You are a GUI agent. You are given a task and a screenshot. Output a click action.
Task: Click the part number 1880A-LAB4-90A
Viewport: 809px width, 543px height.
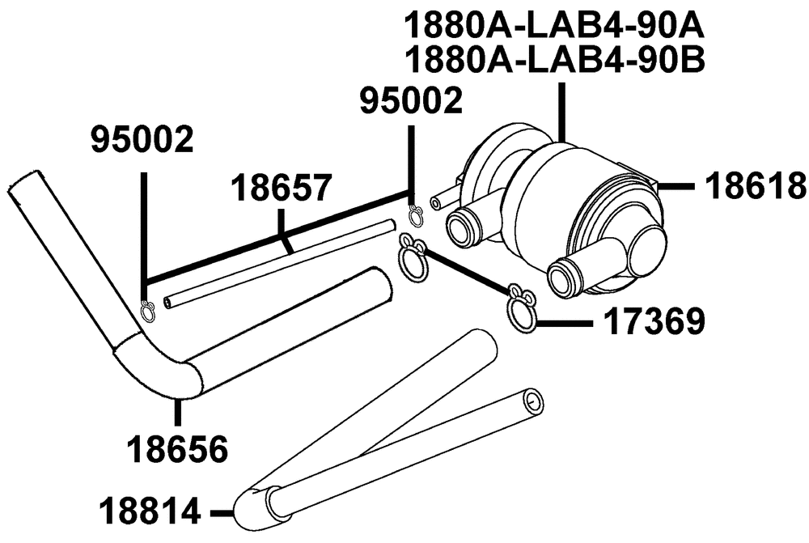coord(554,27)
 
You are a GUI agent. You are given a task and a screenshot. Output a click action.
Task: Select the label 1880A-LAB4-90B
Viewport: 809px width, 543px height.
coord(554,60)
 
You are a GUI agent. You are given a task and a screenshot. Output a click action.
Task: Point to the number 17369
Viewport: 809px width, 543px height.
coord(654,322)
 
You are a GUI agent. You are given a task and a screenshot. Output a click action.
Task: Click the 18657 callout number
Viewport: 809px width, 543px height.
coord(279,188)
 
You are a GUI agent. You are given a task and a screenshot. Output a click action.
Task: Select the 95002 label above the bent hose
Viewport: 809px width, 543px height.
coord(142,139)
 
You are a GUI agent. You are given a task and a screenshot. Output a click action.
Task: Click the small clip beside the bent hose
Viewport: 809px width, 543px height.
coord(147,311)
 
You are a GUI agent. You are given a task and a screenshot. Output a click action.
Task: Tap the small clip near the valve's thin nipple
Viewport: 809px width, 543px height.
coord(416,214)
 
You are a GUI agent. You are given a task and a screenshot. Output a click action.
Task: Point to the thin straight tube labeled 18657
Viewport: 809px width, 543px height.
coord(279,265)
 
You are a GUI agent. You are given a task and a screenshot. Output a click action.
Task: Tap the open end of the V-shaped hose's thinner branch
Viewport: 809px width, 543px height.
coord(532,400)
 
